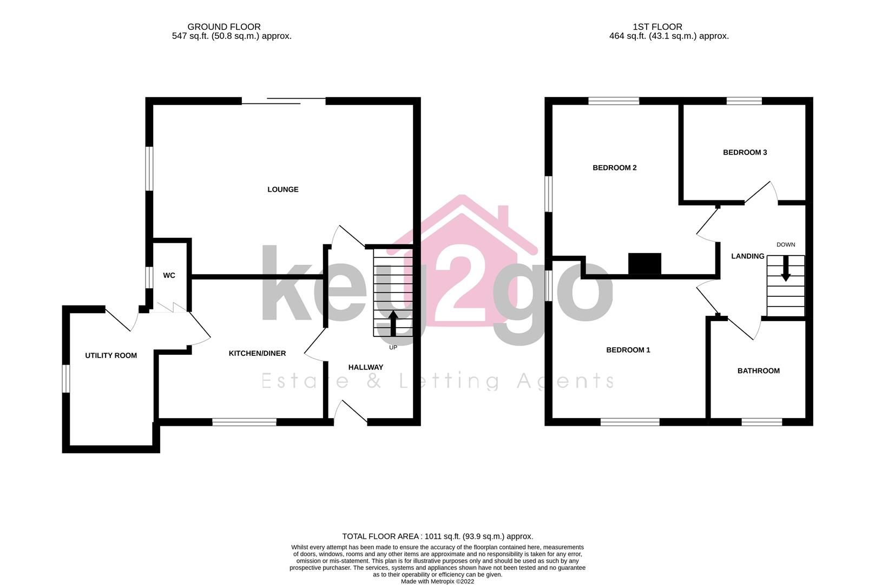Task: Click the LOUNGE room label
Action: (282, 190)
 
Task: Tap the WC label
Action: (169, 276)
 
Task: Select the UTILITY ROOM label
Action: (111, 356)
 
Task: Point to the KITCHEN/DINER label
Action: (257, 354)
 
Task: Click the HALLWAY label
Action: (365, 367)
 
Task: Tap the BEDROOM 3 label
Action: (745, 153)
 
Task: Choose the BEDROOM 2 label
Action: (614, 168)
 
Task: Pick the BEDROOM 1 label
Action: (628, 350)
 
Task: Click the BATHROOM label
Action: (758, 371)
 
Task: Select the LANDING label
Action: (747, 256)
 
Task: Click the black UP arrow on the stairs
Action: (393, 323)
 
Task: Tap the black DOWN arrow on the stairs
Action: (785, 268)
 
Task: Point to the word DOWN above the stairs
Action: (786, 245)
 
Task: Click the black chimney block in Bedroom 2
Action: (644, 264)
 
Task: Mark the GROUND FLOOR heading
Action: (224, 27)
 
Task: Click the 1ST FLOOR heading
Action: (657, 27)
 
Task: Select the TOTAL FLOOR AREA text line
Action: (437, 536)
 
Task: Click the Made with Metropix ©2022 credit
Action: (437, 581)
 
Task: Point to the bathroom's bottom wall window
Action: (761, 422)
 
